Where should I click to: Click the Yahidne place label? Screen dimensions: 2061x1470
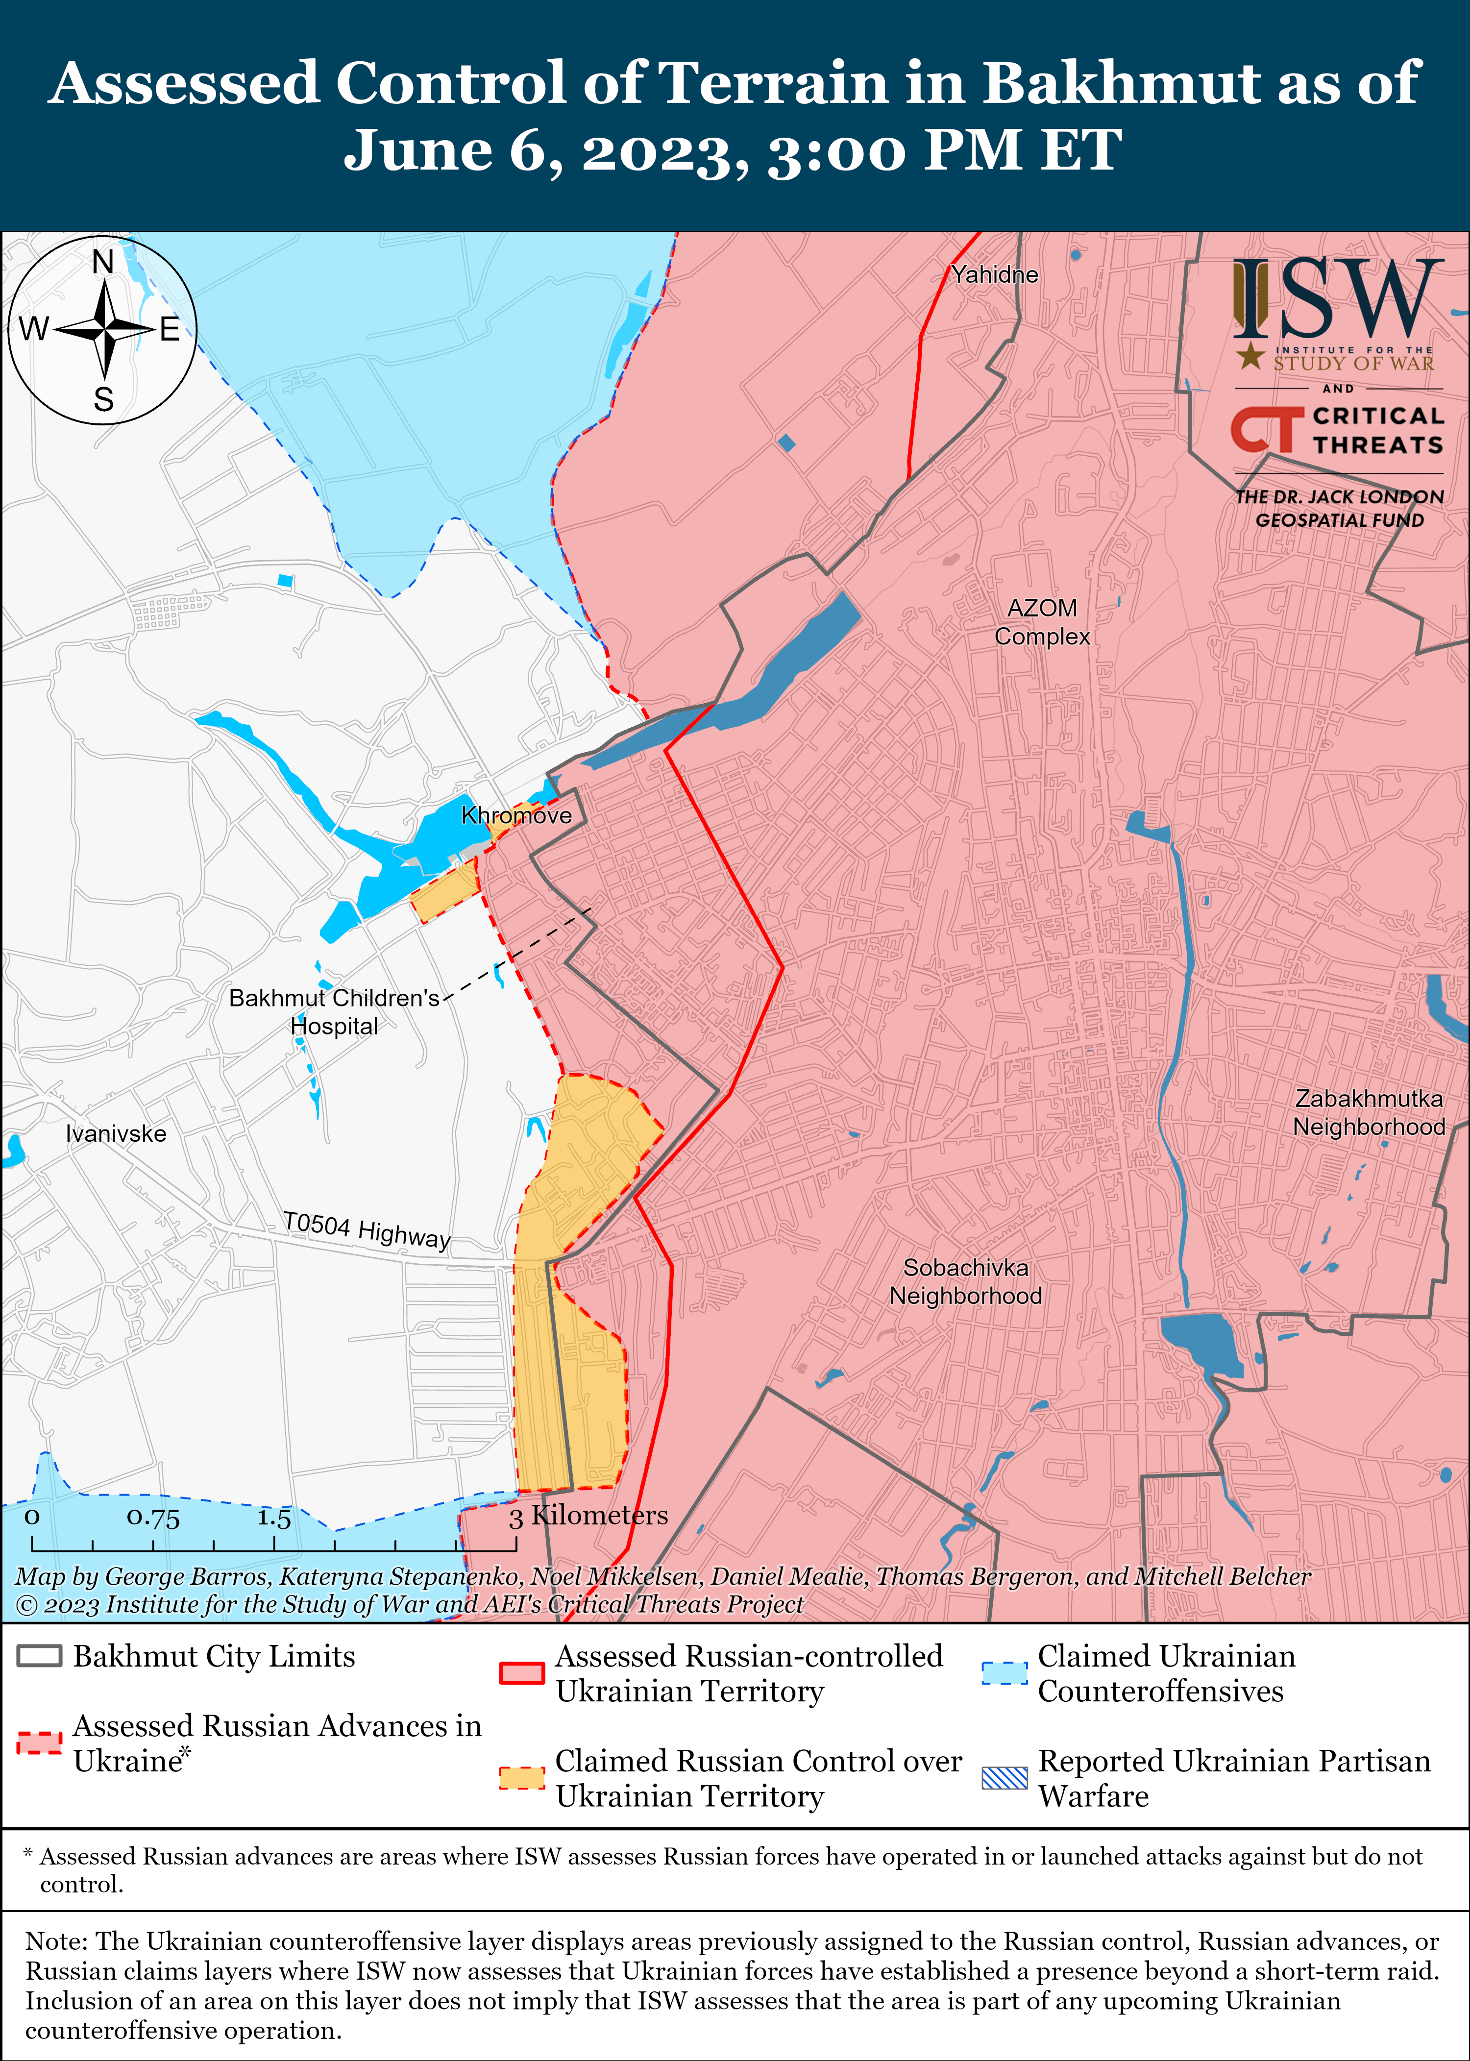tap(994, 274)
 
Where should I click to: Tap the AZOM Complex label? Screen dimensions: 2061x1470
tap(1042, 622)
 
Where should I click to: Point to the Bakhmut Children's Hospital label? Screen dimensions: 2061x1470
tap(334, 1011)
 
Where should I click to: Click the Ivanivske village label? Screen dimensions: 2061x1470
tap(116, 1133)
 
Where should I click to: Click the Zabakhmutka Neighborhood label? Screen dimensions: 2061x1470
tap(1368, 1112)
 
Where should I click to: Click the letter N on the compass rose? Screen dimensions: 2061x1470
tap(103, 263)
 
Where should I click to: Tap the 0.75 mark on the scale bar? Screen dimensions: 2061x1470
tap(153, 1517)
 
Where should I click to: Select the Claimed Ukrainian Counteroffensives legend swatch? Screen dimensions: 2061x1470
tap(1004, 1673)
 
